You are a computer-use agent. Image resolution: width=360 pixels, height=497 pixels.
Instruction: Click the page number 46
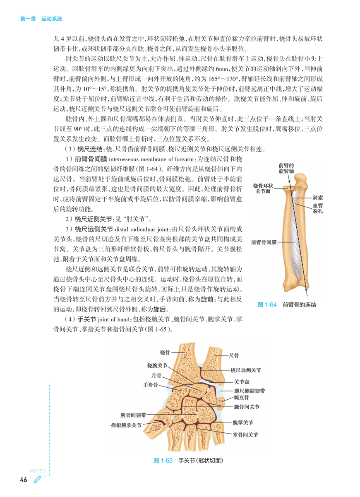[23, 480]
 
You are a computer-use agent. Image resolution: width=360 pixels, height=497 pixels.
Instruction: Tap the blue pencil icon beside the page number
[37, 480]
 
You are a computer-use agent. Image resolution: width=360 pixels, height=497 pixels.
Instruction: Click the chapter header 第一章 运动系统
[41, 19]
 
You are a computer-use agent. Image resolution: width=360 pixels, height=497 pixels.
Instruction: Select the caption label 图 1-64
[266, 304]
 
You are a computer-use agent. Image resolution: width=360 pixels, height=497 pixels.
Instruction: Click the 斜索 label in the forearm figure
[317, 198]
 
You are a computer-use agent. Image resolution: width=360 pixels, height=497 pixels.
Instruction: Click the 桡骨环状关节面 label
[263, 188]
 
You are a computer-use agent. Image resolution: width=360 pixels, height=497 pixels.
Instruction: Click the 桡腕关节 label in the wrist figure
[157, 366]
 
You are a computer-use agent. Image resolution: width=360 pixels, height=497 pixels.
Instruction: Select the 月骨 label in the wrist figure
[156, 376]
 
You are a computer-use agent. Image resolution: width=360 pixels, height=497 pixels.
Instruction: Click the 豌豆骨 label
[241, 398]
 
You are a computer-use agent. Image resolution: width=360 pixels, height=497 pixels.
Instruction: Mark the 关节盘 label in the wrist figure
[242, 381]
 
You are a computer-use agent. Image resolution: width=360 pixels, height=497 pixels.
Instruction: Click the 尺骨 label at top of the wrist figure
[234, 355]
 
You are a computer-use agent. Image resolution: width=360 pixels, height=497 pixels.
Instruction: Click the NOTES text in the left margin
[37, 471]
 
